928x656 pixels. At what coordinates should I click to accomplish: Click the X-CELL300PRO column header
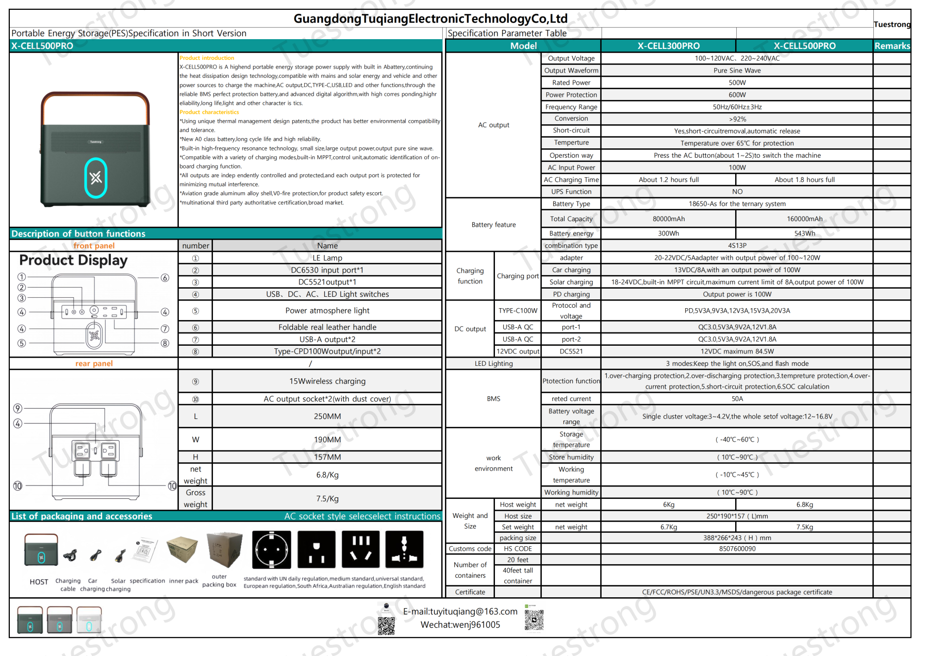[x=668, y=46]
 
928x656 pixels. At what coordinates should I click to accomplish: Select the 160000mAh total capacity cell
[x=804, y=218]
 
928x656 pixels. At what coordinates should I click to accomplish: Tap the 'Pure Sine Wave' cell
[x=737, y=71]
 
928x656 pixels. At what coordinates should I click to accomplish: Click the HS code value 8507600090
[x=737, y=549]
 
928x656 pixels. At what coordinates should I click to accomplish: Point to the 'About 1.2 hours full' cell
[x=668, y=180]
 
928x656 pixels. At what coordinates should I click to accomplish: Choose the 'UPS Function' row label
[x=571, y=192]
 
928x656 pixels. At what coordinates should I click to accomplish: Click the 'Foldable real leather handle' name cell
[x=327, y=327]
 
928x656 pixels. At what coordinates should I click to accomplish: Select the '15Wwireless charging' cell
[x=327, y=381]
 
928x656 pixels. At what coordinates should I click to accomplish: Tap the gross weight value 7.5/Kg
[x=327, y=499]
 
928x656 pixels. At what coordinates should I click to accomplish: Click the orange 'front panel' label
[x=94, y=246]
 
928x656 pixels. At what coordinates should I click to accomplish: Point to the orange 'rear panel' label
[x=94, y=364]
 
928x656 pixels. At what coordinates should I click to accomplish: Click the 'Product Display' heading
[x=73, y=260]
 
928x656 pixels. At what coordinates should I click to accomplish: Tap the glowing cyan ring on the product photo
[x=96, y=178]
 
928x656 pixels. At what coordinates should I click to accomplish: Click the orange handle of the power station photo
[x=95, y=98]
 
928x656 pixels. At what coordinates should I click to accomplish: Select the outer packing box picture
[x=223, y=550]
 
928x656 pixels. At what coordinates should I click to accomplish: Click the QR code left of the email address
[x=386, y=626]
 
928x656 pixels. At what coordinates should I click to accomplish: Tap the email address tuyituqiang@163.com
[x=460, y=612]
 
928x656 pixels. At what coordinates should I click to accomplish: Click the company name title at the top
[x=430, y=19]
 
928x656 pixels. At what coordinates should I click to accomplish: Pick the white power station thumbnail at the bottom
[x=89, y=619]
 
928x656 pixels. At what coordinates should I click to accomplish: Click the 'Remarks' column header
[x=892, y=46]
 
